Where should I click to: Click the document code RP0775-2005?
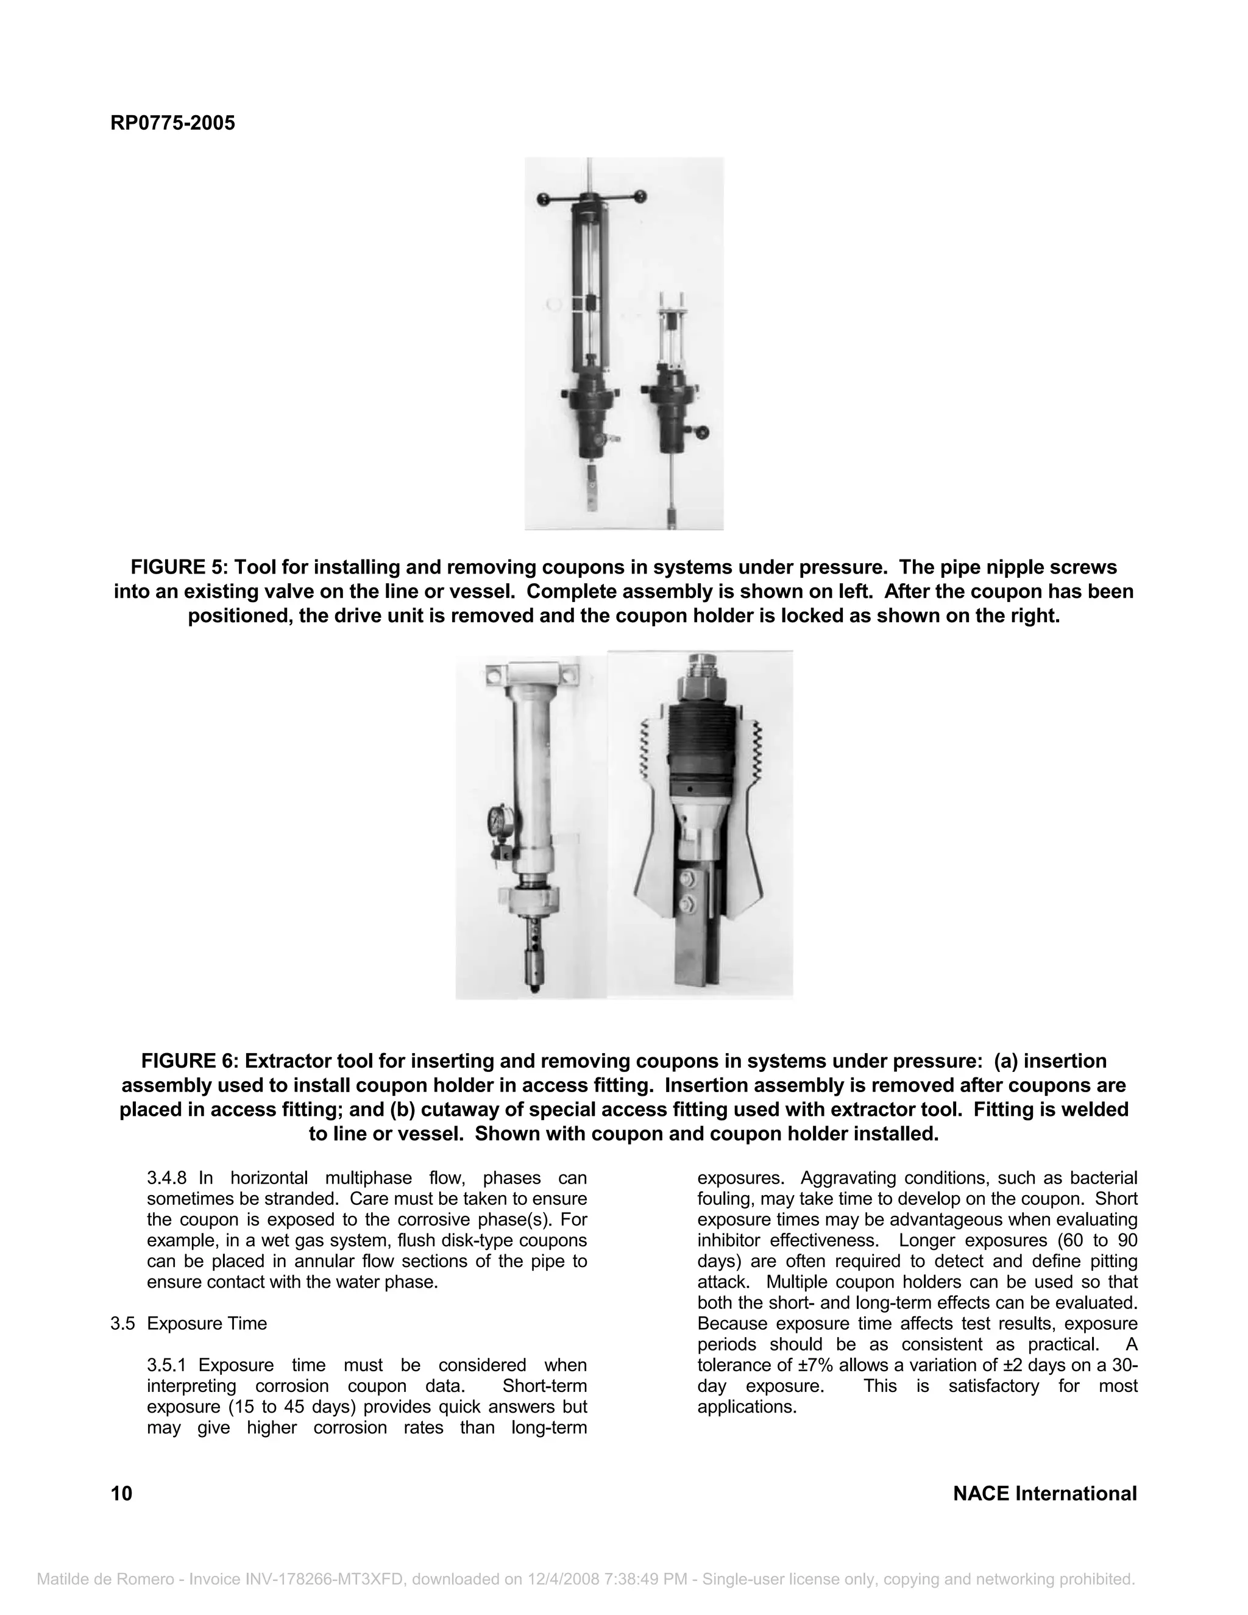[172, 122]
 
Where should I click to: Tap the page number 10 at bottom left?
[121, 1493]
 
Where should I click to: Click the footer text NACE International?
[1044, 1493]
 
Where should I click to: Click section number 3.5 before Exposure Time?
[122, 1323]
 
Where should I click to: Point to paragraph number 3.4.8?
[169, 1178]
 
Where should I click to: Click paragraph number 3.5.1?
[169, 1365]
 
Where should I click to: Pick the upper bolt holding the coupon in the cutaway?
[687, 880]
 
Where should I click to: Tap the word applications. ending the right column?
[746, 1407]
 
